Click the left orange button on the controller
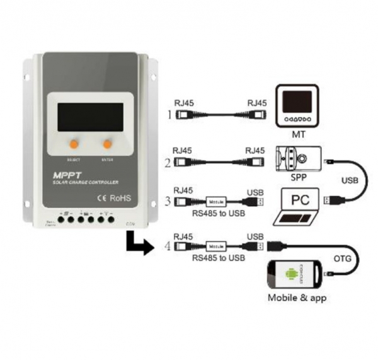[x=74, y=144]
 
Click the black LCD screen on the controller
[x=91, y=117]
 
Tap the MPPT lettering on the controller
[x=69, y=173]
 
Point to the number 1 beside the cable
[x=169, y=115]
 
